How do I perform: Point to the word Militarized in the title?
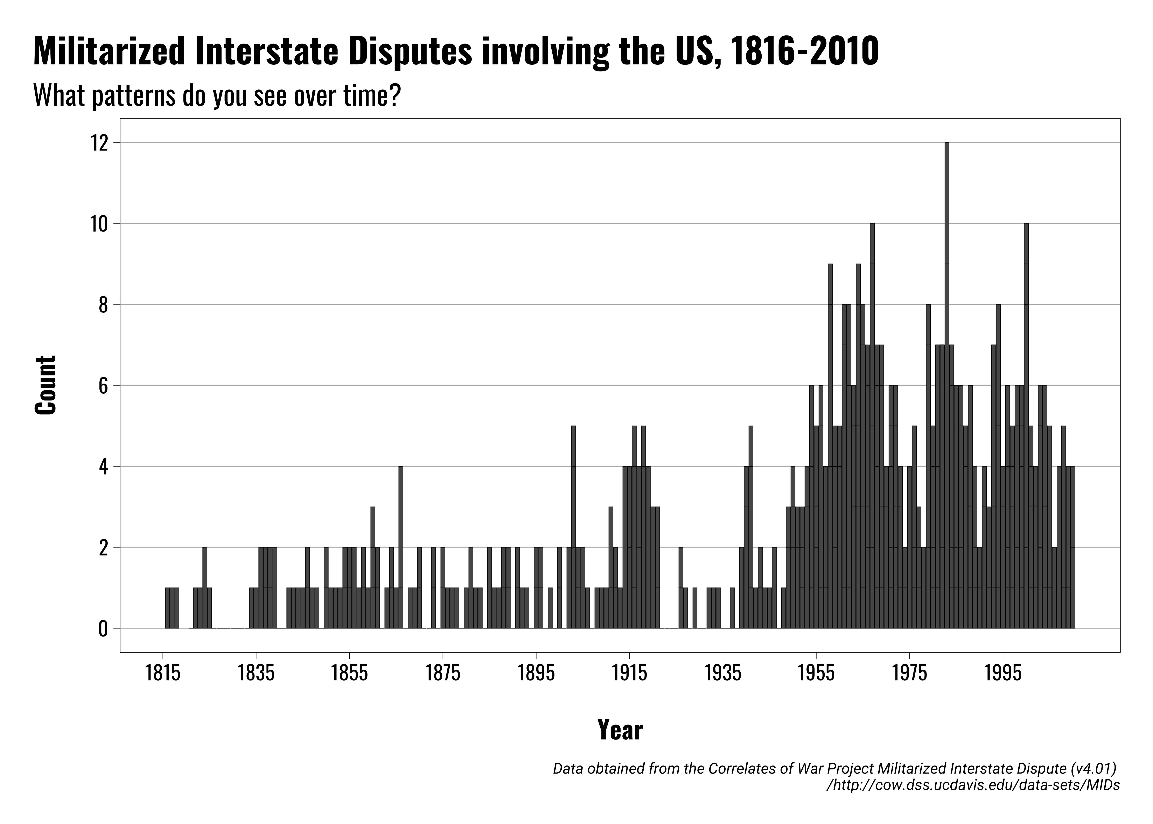click(109, 52)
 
